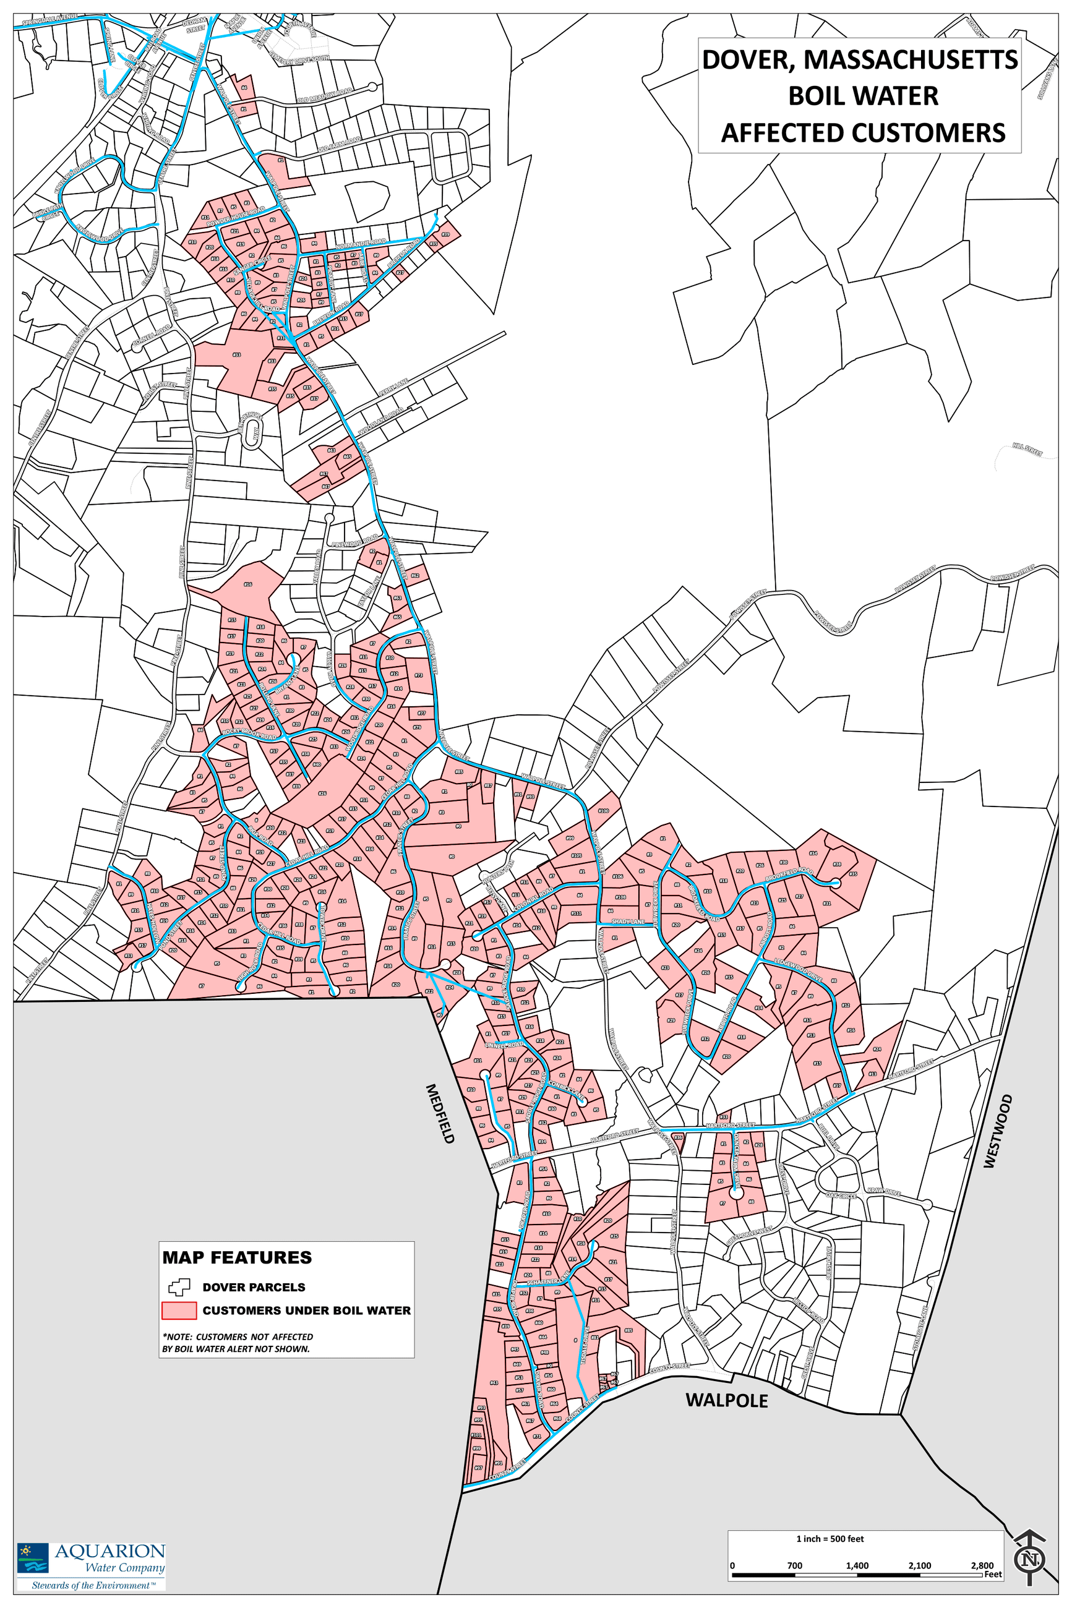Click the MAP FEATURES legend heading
pos(236,1257)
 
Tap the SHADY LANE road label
pos(628,922)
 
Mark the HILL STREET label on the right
pos(1027,450)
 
